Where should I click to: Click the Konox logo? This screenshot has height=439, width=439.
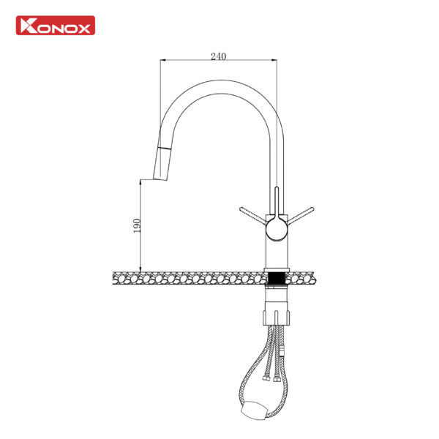click(56, 26)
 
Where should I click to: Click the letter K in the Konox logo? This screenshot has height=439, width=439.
click(29, 26)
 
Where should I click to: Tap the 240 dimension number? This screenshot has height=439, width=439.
click(218, 56)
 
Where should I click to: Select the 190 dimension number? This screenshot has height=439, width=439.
click(137, 225)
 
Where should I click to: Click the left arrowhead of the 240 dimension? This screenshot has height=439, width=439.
click(163, 60)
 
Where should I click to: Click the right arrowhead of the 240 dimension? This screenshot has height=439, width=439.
click(274, 60)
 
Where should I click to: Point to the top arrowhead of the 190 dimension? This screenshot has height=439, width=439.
click(140, 182)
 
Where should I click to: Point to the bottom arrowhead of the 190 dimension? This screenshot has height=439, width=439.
click(140, 269)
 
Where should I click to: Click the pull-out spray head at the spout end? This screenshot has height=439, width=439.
click(162, 163)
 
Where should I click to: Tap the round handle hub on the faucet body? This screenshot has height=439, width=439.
click(277, 230)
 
